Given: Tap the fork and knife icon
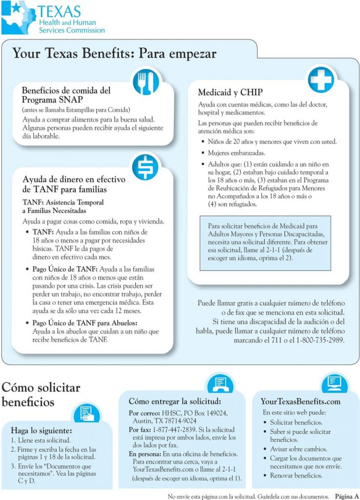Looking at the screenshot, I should pyautogui.click(x=146, y=82).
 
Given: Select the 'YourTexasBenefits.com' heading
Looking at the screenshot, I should pyautogui.click(x=300, y=401).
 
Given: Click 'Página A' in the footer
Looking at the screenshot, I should pyautogui.click(x=347, y=496).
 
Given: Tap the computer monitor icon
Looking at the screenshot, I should pyautogui.click(x=334, y=383).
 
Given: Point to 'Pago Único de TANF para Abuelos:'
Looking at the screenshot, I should pyautogui.click(x=85, y=323).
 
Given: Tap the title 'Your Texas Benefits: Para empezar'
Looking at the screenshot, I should pyautogui.click(x=114, y=53).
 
